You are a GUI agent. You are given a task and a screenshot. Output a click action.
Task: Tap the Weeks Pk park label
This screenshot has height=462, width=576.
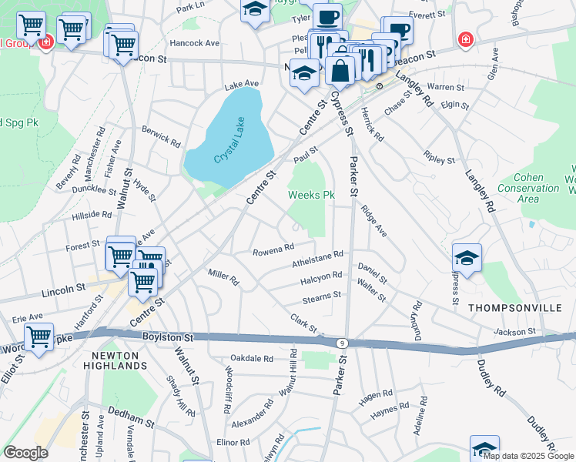coord(311,196)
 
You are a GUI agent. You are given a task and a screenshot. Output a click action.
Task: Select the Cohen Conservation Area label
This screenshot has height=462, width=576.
coord(528,188)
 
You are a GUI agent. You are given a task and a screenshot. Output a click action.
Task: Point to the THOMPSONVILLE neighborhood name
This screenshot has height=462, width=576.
coord(506,307)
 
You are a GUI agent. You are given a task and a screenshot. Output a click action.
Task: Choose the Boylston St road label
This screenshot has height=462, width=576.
coord(166,337)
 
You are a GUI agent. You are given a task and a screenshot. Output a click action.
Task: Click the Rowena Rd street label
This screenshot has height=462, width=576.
coord(274,249)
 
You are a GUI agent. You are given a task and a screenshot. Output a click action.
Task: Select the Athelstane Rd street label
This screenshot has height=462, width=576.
coord(316,259)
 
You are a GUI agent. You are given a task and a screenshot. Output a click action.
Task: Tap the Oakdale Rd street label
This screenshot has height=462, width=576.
coord(253,358)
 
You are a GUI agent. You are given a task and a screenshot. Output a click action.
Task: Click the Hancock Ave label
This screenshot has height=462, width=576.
coord(195,44)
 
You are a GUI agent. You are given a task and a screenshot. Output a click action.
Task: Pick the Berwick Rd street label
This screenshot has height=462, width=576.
coord(161,136)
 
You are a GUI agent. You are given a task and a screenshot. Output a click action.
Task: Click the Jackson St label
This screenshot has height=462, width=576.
coord(514,331)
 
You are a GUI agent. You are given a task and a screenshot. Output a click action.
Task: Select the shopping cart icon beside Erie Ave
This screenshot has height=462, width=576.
coord(39,336)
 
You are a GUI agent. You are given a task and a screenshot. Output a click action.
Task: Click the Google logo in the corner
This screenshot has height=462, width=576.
coord(25,452)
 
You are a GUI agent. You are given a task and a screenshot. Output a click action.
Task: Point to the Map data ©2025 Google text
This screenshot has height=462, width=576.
coord(528,456)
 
